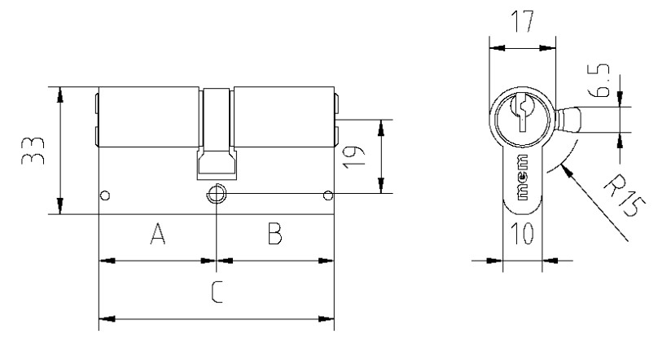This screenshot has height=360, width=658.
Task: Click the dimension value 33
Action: pos(33,151)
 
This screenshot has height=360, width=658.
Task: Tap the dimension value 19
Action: pos(353,157)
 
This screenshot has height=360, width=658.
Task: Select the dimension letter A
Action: pos(157,234)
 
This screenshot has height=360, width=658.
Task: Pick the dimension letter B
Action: pos(275,234)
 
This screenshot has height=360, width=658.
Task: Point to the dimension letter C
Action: pos(217,292)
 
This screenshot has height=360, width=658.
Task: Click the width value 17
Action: pos(523,21)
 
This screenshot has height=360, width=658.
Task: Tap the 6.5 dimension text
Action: pos(599,80)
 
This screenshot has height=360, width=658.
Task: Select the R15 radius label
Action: pos(624,195)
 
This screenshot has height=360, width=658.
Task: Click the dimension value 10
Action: pos(522,233)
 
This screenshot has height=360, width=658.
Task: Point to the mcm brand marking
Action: pos(523,177)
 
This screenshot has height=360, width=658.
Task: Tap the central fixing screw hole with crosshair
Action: pos(216,194)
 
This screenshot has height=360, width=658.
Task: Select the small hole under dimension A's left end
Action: pos(105,195)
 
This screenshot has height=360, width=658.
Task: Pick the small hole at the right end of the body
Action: pos(328,195)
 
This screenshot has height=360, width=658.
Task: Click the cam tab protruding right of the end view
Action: pos(568,120)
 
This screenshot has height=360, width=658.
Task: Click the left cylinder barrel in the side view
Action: pos(148,117)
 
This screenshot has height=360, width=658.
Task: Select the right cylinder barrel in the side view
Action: pos(284,117)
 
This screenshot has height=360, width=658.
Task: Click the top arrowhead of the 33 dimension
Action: pos(60,94)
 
